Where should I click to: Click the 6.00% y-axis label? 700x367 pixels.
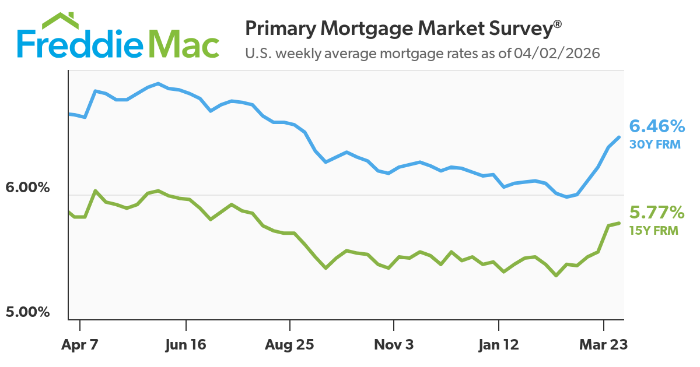click(27, 188)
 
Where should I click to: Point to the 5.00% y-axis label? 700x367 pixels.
click(27, 312)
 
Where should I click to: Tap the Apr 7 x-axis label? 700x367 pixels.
click(80, 345)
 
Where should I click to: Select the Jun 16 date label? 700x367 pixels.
click(185, 345)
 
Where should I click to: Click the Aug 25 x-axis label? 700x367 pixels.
click(289, 345)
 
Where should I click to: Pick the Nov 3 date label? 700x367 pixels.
click(394, 345)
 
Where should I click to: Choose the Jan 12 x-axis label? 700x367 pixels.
click(498, 345)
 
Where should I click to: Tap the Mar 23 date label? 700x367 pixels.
click(603, 345)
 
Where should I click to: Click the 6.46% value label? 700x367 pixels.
click(657, 126)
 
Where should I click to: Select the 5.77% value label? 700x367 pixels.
click(657, 212)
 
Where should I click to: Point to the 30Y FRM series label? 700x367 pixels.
click(654, 144)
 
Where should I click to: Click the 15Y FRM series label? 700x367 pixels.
click(654, 231)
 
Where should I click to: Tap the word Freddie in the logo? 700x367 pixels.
click(80, 44)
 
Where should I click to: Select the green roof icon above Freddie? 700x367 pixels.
click(60, 20)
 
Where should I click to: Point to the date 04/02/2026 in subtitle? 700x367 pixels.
click(557, 54)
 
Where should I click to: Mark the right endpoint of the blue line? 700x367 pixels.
click(619, 137)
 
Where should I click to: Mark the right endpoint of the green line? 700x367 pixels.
click(619, 223)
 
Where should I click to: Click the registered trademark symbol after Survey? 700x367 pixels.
click(558, 24)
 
